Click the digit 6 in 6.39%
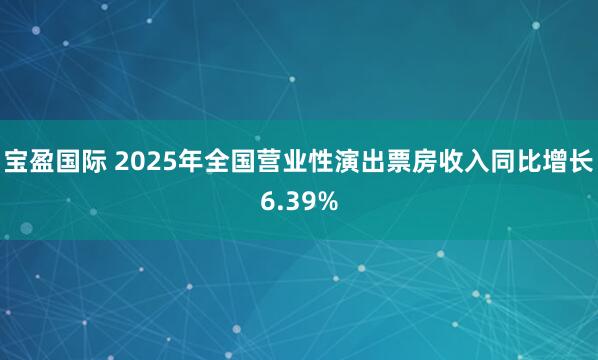267,201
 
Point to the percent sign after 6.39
328,201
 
